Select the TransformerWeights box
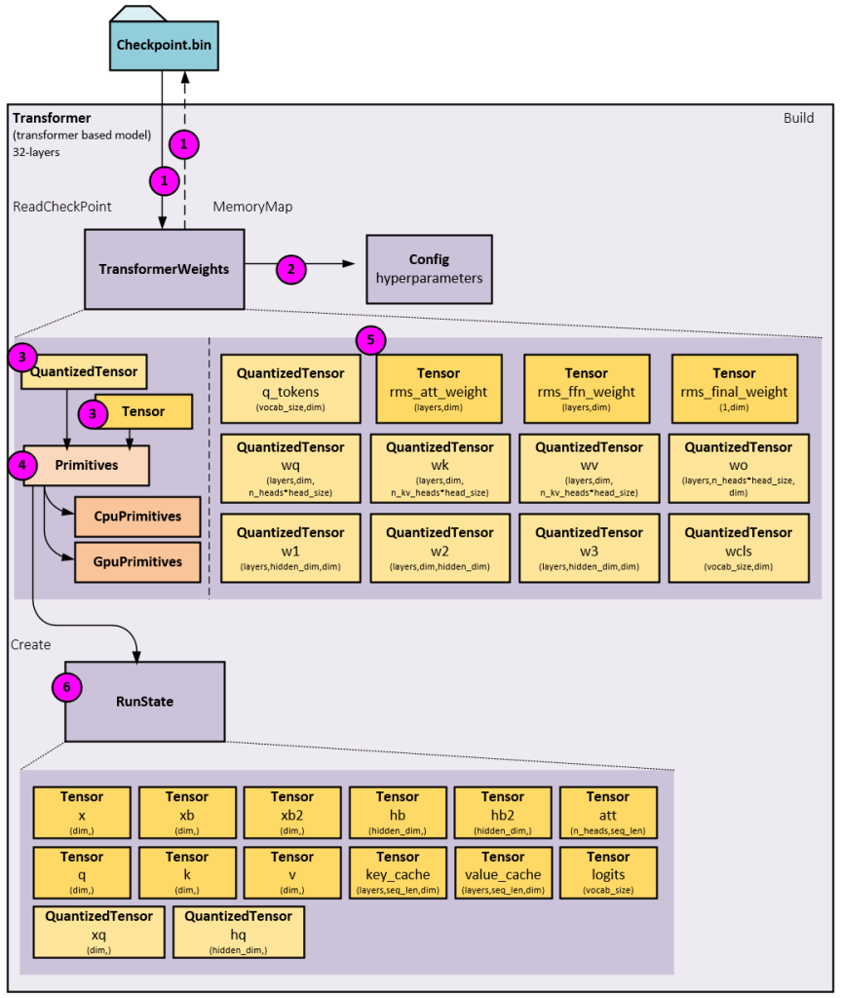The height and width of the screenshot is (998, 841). point(164,268)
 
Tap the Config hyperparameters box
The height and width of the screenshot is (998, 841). point(429,268)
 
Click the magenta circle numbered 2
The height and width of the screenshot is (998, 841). point(291,269)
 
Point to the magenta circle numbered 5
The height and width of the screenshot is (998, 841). point(370,340)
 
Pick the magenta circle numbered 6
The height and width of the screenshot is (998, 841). point(66,687)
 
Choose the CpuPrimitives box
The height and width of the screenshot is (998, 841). point(137,517)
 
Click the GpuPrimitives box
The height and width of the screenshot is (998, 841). point(137,562)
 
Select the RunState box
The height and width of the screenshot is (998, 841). point(144,702)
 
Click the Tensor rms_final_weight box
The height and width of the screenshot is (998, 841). point(734,390)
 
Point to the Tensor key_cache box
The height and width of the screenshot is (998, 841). point(398,872)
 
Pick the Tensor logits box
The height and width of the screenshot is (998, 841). point(608,872)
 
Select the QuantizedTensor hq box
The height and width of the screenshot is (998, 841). point(238,932)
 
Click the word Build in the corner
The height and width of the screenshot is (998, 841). point(800,118)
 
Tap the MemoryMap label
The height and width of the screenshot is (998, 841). point(251,207)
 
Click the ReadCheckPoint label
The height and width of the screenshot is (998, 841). point(62,207)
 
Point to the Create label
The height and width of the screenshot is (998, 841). point(29,645)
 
